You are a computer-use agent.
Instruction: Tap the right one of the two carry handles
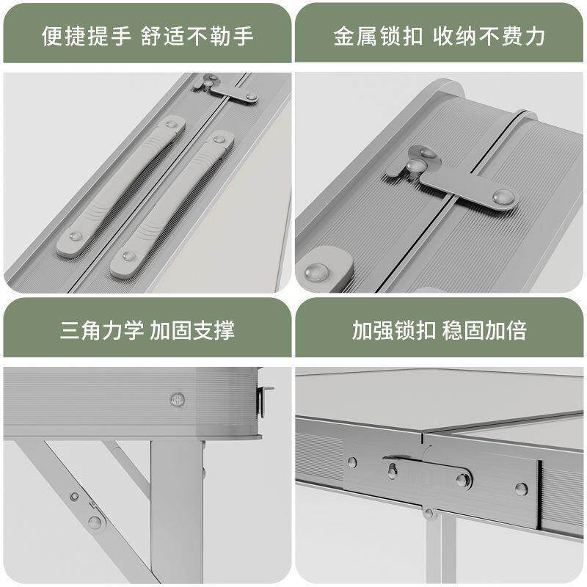click(174, 205)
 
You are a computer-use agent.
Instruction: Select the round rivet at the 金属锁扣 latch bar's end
click(503, 197)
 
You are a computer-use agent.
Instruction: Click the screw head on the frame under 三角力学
click(176, 399)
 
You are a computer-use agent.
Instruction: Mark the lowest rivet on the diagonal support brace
click(95, 522)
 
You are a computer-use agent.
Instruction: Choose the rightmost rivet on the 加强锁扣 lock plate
click(520, 488)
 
